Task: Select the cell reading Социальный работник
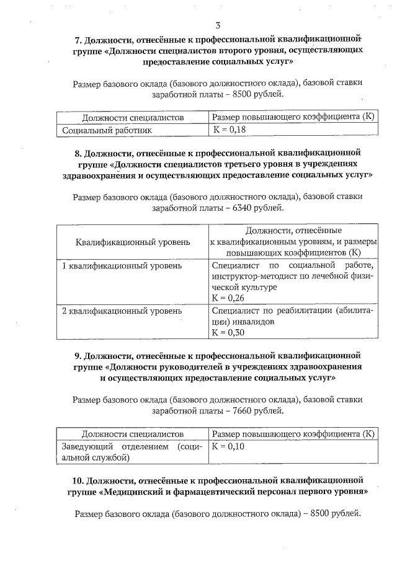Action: (x=107, y=130)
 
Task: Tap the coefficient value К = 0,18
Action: (x=229, y=130)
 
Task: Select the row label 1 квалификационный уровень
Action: (x=122, y=265)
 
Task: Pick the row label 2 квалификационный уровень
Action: (x=122, y=310)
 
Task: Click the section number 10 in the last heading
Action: (x=78, y=480)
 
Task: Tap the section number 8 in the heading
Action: (x=78, y=152)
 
